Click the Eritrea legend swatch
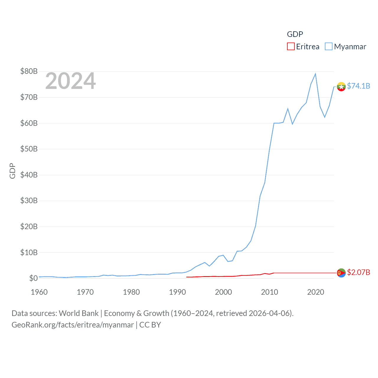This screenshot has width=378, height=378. click(x=291, y=47)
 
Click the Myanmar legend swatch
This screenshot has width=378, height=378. click(x=328, y=47)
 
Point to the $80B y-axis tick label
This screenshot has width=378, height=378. click(x=29, y=71)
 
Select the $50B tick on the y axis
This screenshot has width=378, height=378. click(x=29, y=149)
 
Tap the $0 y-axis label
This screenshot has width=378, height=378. click(x=33, y=278)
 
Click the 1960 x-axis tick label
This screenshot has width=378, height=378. click(x=39, y=292)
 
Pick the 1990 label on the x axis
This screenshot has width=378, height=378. click(x=177, y=292)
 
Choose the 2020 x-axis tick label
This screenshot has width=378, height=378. click(x=316, y=292)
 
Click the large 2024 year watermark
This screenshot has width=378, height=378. click(x=70, y=81)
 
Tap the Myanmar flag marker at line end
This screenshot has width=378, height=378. click(x=341, y=87)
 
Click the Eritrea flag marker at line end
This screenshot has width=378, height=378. click(x=341, y=273)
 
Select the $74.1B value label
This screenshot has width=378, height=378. click(x=359, y=86)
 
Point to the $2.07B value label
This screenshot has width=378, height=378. click(x=359, y=272)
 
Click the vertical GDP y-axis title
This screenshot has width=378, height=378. click(x=12, y=171)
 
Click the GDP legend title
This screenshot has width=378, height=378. click(x=295, y=34)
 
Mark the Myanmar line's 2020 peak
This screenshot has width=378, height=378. click(x=315, y=74)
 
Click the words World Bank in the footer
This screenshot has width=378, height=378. click(x=79, y=313)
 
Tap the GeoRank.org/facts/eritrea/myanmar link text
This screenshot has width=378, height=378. click(x=73, y=325)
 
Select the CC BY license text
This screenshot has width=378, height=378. click(x=150, y=325)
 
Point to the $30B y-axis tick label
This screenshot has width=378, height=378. click(x=29, y=201)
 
